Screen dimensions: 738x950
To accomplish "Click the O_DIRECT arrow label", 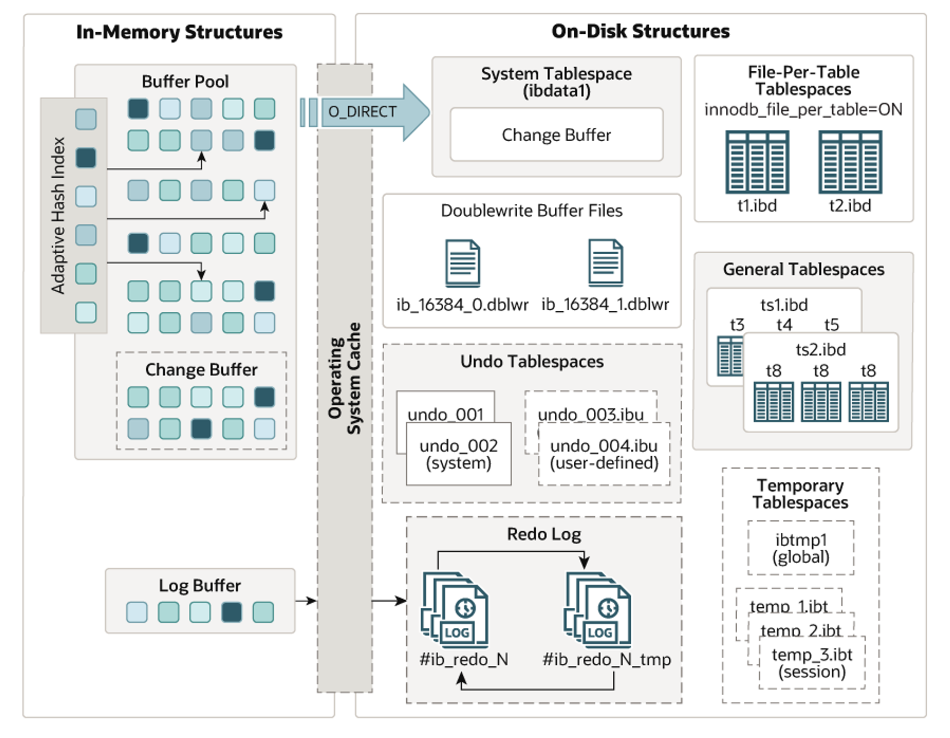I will click(362, 112).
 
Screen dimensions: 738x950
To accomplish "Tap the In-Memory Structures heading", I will click(179, 32).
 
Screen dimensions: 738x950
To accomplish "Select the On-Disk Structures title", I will click(640, 31).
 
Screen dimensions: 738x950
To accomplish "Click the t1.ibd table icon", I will click(757, 162).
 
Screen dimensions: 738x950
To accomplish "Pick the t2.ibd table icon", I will click(850, 162).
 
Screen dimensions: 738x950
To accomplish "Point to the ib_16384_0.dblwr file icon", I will click(462, 263).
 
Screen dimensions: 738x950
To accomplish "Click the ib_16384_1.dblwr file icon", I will click(606, 262).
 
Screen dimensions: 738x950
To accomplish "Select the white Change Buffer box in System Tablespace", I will click(556, 135).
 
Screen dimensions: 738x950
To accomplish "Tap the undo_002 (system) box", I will click(459, 454).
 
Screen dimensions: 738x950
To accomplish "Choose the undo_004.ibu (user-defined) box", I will click(604, 454).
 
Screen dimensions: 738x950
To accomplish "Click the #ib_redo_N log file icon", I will click(456, 610).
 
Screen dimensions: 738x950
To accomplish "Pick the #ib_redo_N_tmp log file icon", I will click(598, 610).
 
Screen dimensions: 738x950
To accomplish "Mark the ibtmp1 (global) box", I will click(801, 548).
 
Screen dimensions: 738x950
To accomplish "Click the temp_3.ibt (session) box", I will click(812, 663).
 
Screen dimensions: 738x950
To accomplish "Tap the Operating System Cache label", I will click(345, 378).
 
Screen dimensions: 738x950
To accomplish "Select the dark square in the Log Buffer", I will click(231, 612).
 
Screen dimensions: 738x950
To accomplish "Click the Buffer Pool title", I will click(185, 82).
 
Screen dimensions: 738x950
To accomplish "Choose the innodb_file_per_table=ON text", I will click(803, 110).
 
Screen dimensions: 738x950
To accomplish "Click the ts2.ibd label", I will click(821, 350).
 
